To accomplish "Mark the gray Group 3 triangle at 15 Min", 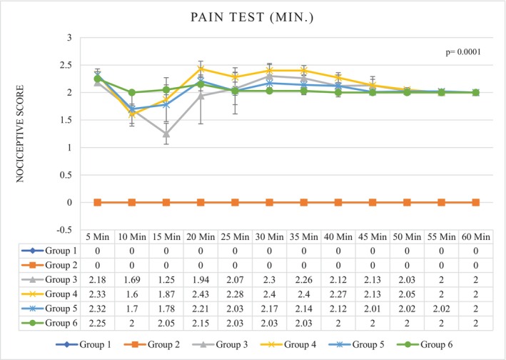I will pyautogui.click(x=166, y=134).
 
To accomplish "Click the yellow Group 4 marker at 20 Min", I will pyautogui.click(x=201, y=69).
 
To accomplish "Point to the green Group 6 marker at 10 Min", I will pyautogui.click(x=131, y=92).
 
